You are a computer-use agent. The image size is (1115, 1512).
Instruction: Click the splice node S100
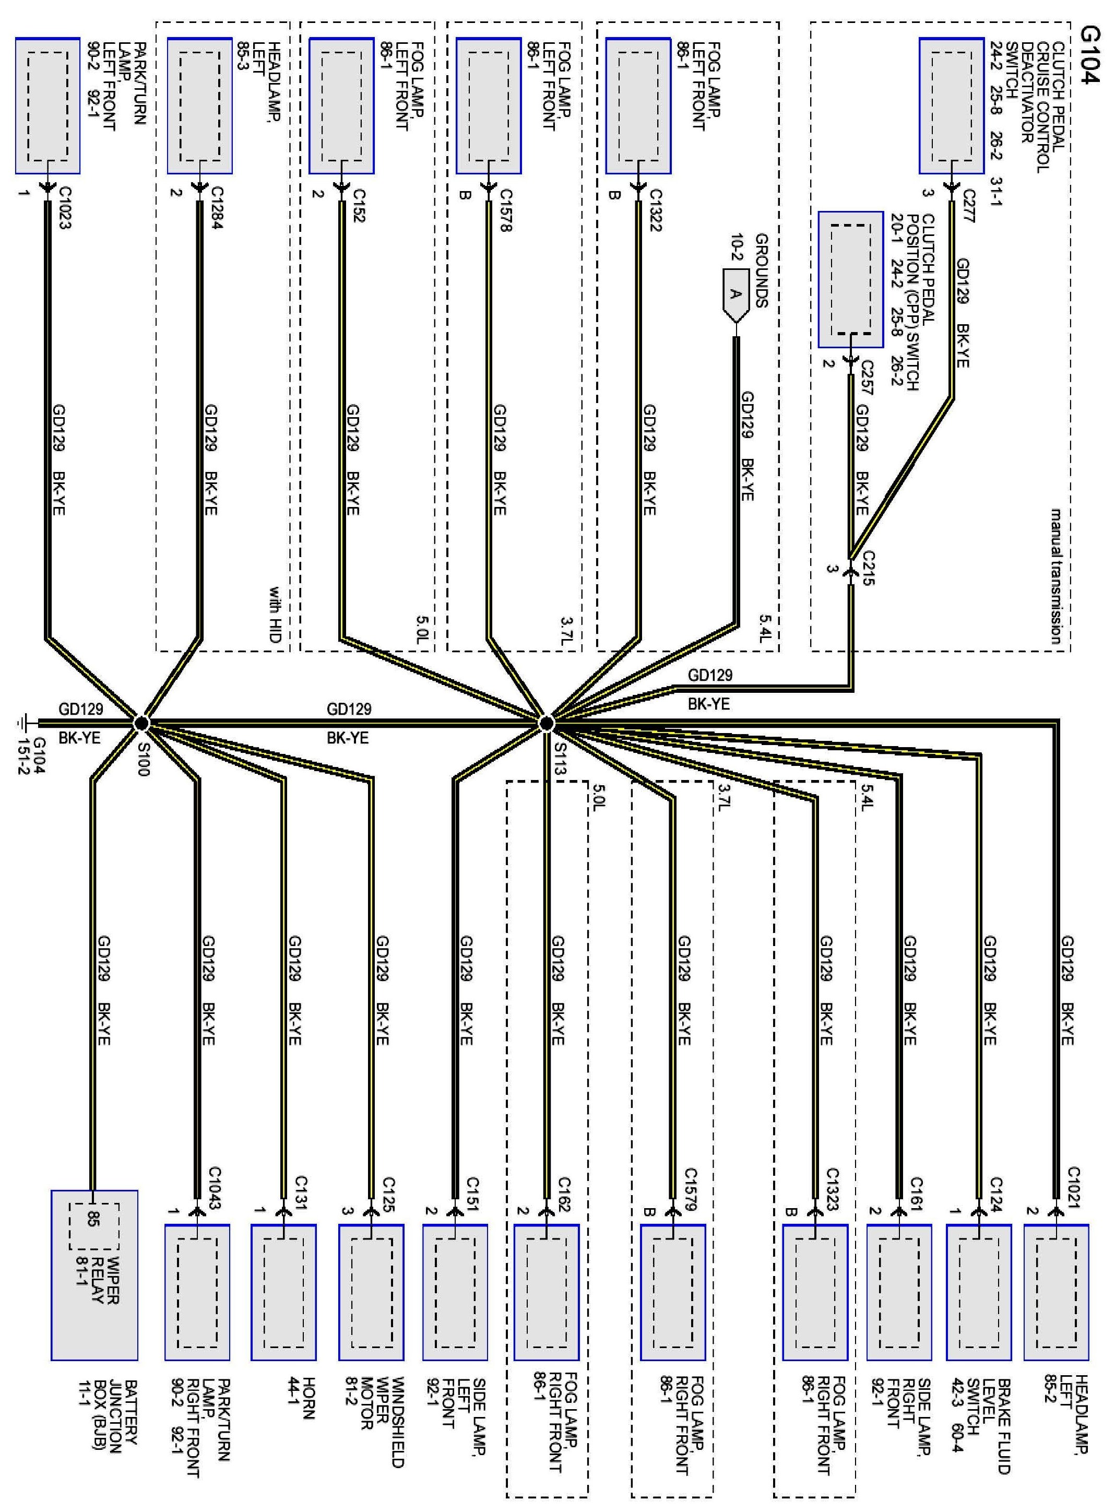click(141, 724)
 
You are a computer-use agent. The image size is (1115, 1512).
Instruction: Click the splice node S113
click(546, 724)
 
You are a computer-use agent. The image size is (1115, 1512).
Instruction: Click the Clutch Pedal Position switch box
click(850, 280)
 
